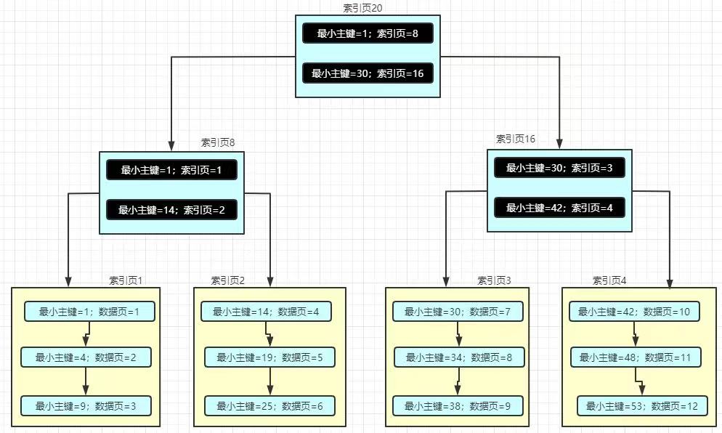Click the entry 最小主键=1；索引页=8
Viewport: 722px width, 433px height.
(x=368, y=33)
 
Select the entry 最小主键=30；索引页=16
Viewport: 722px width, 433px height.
(x=368, y=73)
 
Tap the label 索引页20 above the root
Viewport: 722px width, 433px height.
(x=362, y=8)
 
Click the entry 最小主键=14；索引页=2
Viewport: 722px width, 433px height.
(x=171, y=210)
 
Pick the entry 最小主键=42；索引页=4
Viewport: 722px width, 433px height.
(x=559, y=208)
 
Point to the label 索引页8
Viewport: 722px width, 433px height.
(x=218, y=143)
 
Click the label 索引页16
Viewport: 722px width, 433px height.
(x=516, y=139)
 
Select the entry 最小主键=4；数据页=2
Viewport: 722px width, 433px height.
(x=86, y=358)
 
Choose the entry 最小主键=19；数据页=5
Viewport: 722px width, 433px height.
(x=269, y=357)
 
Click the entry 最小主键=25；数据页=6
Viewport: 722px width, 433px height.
(x=269, y=405)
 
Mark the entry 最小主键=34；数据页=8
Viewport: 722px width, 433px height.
(x=459, y=357)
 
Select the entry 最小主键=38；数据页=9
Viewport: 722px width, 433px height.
(x=458, y=405)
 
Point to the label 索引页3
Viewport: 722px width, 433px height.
(x=494, y=280)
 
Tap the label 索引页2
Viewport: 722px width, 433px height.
(x=228, y=280)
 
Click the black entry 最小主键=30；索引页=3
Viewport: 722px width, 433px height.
(x=559, y=168)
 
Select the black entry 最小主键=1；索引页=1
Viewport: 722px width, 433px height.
(x=171, y=170)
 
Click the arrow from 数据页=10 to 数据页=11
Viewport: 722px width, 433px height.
(x=635, y=335)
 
